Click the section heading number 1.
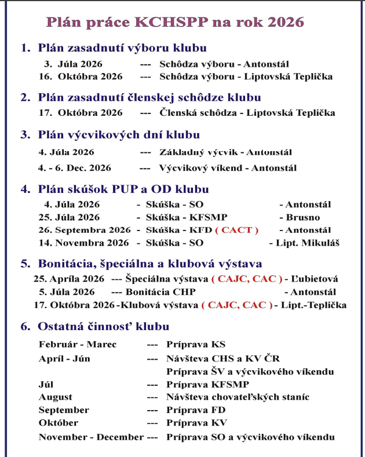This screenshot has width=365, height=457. coord(25,48)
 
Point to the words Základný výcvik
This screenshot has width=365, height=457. coord(192,152)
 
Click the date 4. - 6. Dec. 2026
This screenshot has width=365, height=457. coord(75,168)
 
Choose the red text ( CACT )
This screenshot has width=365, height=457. coord(236,229)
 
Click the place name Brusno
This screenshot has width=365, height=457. coord(301,217)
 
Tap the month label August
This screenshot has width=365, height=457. coord(56,397)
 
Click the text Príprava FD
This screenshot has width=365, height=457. coord(193,410)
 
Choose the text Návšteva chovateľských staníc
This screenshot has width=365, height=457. coord(238,397)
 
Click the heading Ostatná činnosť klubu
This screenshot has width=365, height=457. coord(103,327)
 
